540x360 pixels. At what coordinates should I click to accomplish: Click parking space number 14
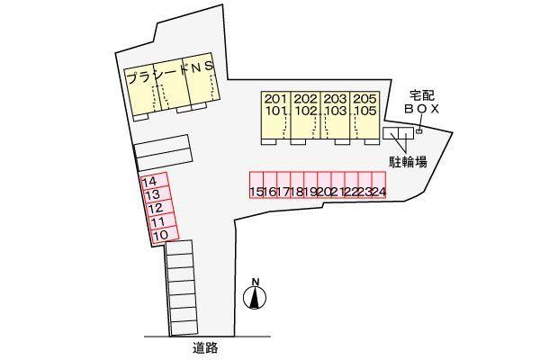pos(155,181)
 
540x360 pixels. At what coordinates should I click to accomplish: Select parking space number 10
pos(165,235)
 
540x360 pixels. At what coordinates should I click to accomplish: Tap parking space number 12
pos(160,208)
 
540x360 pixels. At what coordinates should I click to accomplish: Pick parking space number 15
pos(256,185)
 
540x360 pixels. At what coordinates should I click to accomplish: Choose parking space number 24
pos(379,185)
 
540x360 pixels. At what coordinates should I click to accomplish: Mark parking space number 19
pos(310,185)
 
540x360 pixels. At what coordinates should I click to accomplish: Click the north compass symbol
pos(255,298)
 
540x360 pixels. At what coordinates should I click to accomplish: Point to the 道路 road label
pos(205,348)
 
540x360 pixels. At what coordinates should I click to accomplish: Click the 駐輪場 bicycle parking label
pos(408,161)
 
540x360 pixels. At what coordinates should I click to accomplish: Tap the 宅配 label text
pos(421,95)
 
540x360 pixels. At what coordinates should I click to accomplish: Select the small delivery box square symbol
pos(419,130)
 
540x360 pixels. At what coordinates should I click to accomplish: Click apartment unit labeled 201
pos(275,99)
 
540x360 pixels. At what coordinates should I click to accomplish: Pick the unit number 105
pos(365,112)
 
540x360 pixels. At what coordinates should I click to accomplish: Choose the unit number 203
pos(335,99)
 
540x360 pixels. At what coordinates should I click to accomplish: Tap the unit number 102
pos(305,112)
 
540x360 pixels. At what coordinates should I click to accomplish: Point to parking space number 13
pos(157,194)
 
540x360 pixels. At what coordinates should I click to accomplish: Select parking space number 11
pos(163,221)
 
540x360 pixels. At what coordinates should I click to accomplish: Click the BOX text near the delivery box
pos(421,109)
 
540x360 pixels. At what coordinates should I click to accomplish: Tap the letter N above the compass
pos(256,282)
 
